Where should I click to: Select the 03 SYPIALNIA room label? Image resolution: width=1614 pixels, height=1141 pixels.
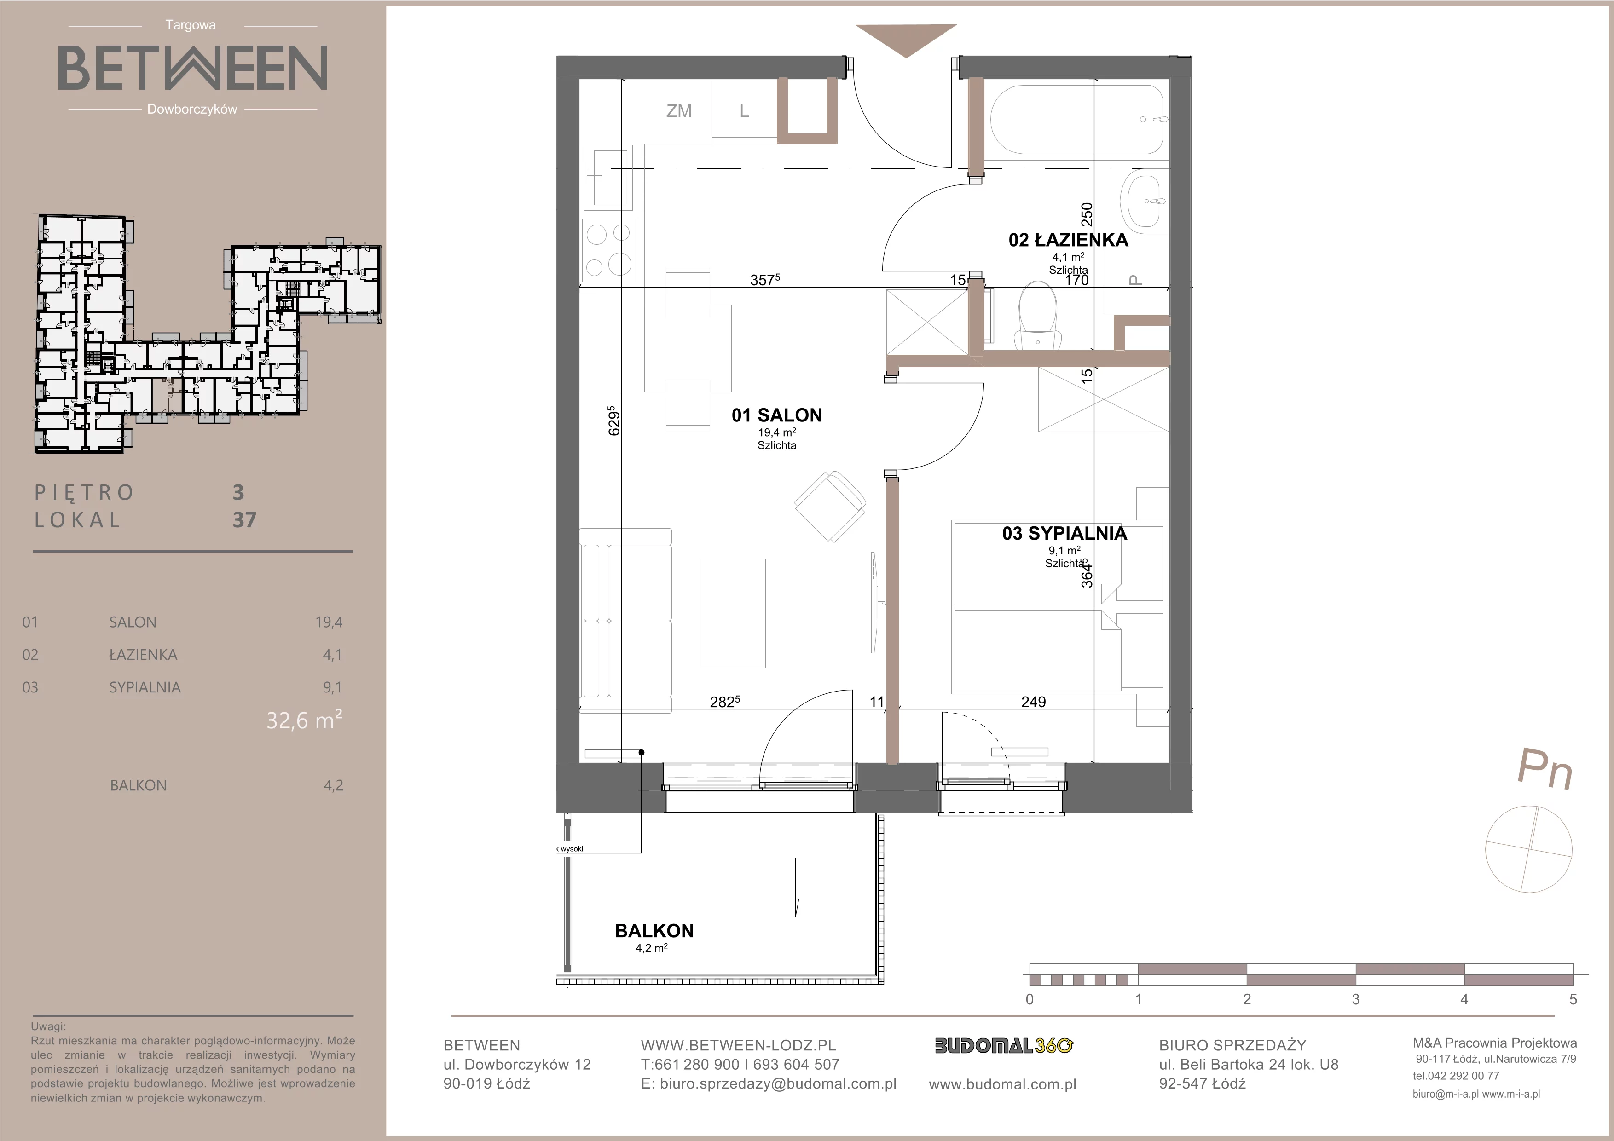tap(1064, 533)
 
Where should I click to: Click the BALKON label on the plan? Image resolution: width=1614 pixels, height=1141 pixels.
tap(654, 931)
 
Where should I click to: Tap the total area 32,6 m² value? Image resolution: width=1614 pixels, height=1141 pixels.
tap(304, 720)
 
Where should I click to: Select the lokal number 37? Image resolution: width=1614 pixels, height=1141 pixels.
tap(244, 520)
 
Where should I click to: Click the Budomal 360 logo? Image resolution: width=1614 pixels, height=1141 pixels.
tap(1003, 1045)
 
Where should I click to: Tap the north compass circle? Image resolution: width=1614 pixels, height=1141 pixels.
tap(1528, 849)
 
